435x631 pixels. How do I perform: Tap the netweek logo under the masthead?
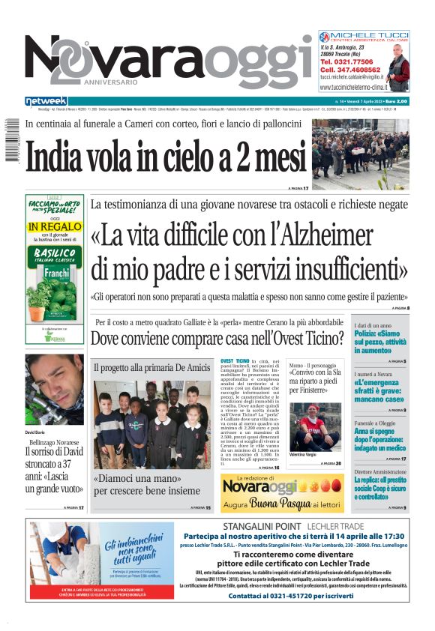46,100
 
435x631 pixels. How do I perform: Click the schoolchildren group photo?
151,424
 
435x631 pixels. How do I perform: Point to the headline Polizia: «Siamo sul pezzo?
380,341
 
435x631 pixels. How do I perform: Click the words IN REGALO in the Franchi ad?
53,226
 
